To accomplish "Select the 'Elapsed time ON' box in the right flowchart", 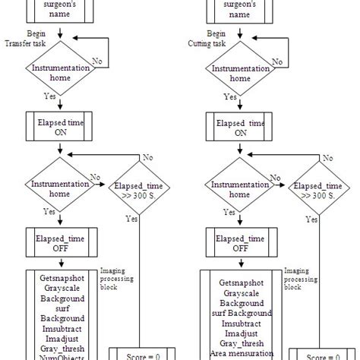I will tap(241, 126).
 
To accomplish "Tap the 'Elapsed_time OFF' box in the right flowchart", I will tap(241, 241).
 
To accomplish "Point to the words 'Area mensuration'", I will tap(241, 354).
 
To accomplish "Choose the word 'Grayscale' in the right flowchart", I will tap(241, 292).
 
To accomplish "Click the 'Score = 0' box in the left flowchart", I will tap(139, 354).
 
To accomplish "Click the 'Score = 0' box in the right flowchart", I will tap(318, 354).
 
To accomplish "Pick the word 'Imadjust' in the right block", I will tap(241, 333).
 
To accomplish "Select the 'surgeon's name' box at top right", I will tap(241, 8).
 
